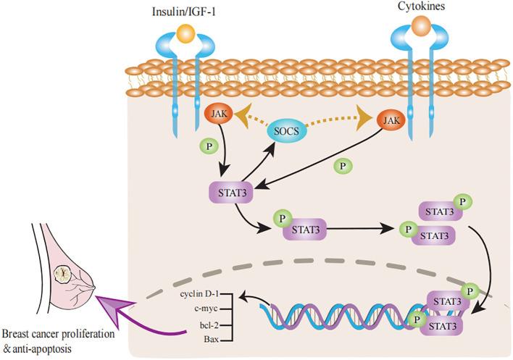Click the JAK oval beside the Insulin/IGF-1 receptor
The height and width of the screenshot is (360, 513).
tap(220, 114)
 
